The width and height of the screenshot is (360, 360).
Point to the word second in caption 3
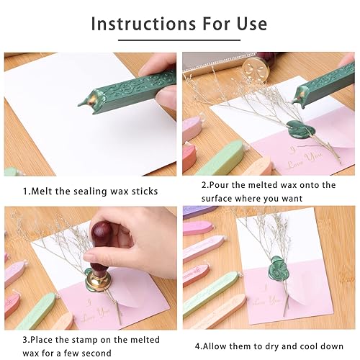(x=96, y=353)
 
